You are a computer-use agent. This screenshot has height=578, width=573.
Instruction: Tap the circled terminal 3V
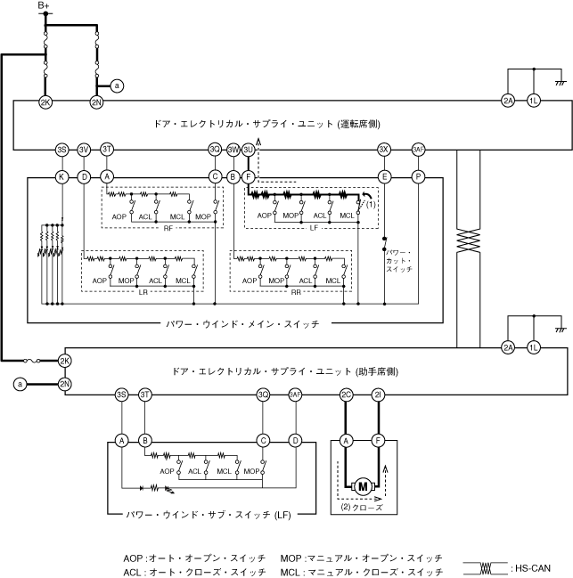(85, 150)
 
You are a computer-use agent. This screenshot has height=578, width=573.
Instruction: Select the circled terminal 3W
(233, 150)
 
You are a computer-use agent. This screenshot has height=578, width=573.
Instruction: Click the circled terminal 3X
(384, 150)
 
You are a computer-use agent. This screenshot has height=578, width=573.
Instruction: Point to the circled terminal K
(61, 177)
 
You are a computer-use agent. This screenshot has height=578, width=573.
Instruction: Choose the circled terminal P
(417, 177)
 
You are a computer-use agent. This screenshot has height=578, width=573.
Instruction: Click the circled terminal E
(384, 177)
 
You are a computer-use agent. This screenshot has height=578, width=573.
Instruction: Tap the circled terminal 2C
(347, 395)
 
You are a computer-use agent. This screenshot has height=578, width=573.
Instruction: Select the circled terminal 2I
(379, 395)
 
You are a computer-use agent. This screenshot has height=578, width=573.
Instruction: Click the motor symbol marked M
(363, 486)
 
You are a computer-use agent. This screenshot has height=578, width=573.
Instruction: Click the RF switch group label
(168, 228)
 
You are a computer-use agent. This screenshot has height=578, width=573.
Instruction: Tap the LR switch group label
(143, 293)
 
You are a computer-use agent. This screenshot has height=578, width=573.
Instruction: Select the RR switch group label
(296, 293)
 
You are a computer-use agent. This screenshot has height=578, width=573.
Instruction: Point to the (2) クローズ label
(362, 507)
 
